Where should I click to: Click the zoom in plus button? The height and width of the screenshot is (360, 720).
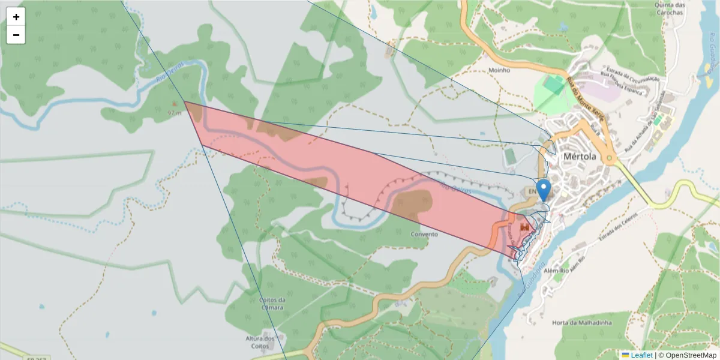click(16, 17)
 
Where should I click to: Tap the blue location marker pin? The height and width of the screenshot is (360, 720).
click(544, 190)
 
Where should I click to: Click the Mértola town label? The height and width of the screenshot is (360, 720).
click(580, 157)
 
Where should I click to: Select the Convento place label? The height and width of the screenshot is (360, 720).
click(424, 234)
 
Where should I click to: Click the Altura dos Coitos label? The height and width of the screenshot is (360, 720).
click(260, 342)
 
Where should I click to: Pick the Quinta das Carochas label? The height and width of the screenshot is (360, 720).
click(670, 8)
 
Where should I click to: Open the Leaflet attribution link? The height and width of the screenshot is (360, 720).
click(641, 355)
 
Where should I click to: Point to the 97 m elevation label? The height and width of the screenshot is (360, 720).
click(175, 112)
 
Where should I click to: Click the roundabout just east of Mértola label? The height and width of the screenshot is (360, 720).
click(610, 159)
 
